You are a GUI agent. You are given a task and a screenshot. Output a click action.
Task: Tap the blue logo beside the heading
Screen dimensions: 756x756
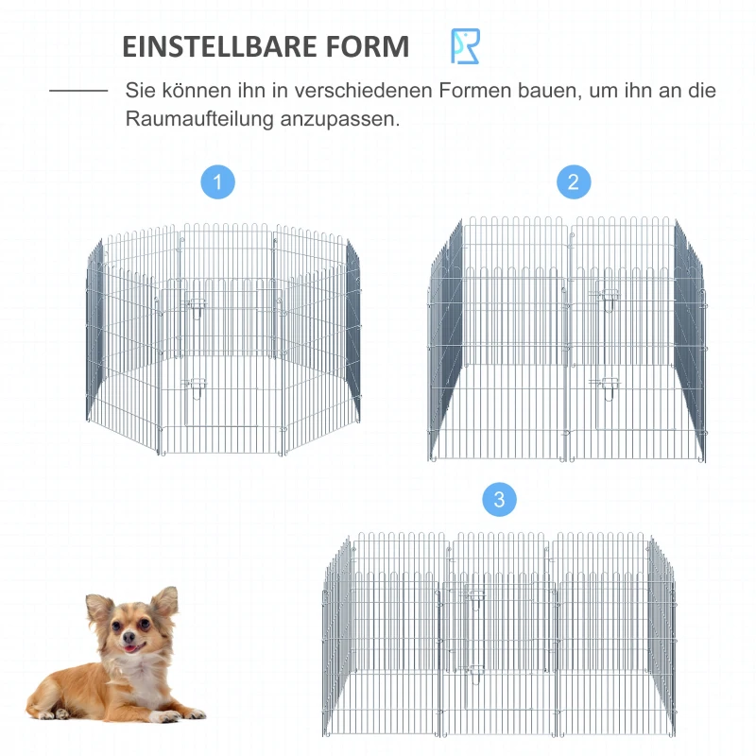point(465,46)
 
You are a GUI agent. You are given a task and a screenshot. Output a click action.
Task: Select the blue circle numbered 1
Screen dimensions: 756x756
point(218,181)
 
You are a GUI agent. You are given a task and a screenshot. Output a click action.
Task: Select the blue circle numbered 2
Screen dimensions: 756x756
point(574,181)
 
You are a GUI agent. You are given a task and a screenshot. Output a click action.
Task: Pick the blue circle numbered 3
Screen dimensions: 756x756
point(500,499)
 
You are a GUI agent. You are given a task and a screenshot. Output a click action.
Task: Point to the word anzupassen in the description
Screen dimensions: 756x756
point(340,120)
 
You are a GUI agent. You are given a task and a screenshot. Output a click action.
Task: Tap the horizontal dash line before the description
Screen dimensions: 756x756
point(78,92)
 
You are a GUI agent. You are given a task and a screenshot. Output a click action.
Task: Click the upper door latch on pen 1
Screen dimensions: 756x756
point(198,304)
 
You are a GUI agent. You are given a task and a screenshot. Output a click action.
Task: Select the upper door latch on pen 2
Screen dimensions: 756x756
point(601,296)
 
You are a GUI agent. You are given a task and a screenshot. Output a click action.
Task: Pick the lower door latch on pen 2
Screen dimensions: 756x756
point(601,384)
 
